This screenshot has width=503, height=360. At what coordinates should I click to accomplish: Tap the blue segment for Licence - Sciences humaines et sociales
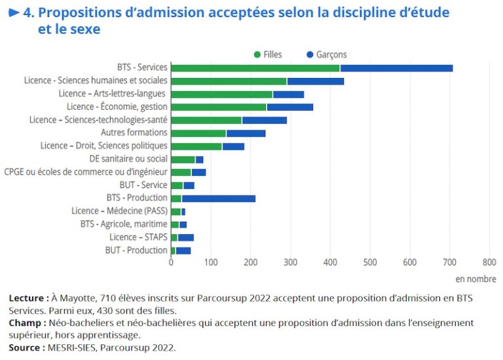point(315,81)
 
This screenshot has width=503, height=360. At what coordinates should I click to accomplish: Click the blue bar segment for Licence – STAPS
point(186,237)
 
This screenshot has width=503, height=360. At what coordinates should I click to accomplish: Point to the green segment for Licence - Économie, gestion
point(218,107)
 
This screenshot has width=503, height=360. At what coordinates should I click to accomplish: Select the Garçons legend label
point(331,54)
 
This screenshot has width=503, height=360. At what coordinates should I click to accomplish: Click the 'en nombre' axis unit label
point(476,279)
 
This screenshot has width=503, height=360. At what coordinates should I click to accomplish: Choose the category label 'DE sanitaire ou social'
point(128,158)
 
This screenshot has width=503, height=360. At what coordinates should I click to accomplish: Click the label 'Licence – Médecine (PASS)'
point(119,211)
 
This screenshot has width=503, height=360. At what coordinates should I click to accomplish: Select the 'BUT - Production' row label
point(136,250)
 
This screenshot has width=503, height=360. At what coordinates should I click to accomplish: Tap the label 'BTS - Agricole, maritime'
point(124,224)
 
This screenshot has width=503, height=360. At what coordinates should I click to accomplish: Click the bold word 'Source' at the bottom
point(25,347)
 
